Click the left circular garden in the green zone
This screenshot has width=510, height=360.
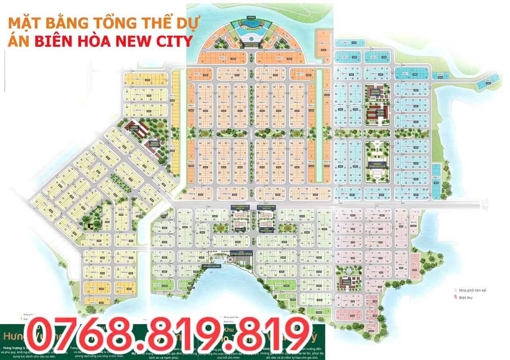(x=221, y=227)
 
